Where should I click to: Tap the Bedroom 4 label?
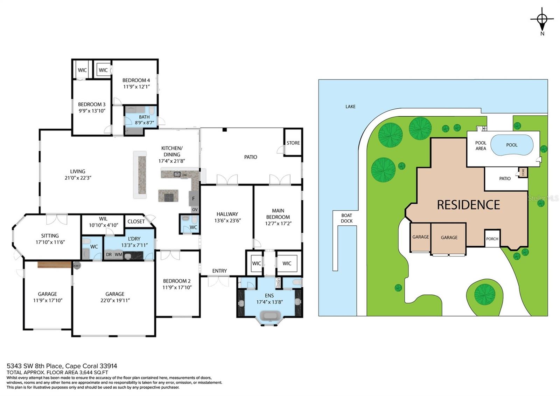tap(136, 80)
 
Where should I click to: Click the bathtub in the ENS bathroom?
tap(270, 316)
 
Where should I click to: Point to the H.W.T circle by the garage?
tap(77, 266)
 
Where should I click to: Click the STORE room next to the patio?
tap(293, 143)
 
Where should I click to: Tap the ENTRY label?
tap(219, 271)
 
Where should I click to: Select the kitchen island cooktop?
tap(168, 197)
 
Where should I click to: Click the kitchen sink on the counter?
tap(177, 174)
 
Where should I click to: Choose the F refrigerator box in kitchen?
tap(194, 199)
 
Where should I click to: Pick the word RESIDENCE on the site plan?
tap(468, 205)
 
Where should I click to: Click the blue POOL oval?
tap(511, 145)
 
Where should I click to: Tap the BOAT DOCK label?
tap(346, 218)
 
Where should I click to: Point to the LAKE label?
tap(350, 107)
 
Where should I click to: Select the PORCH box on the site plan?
tap(492, 239)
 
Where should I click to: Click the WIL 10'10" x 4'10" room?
tap(103, 222)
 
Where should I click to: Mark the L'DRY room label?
tap(134, 239)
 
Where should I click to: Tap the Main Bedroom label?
tap(278, 214)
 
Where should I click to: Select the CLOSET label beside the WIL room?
tap(136, 221)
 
